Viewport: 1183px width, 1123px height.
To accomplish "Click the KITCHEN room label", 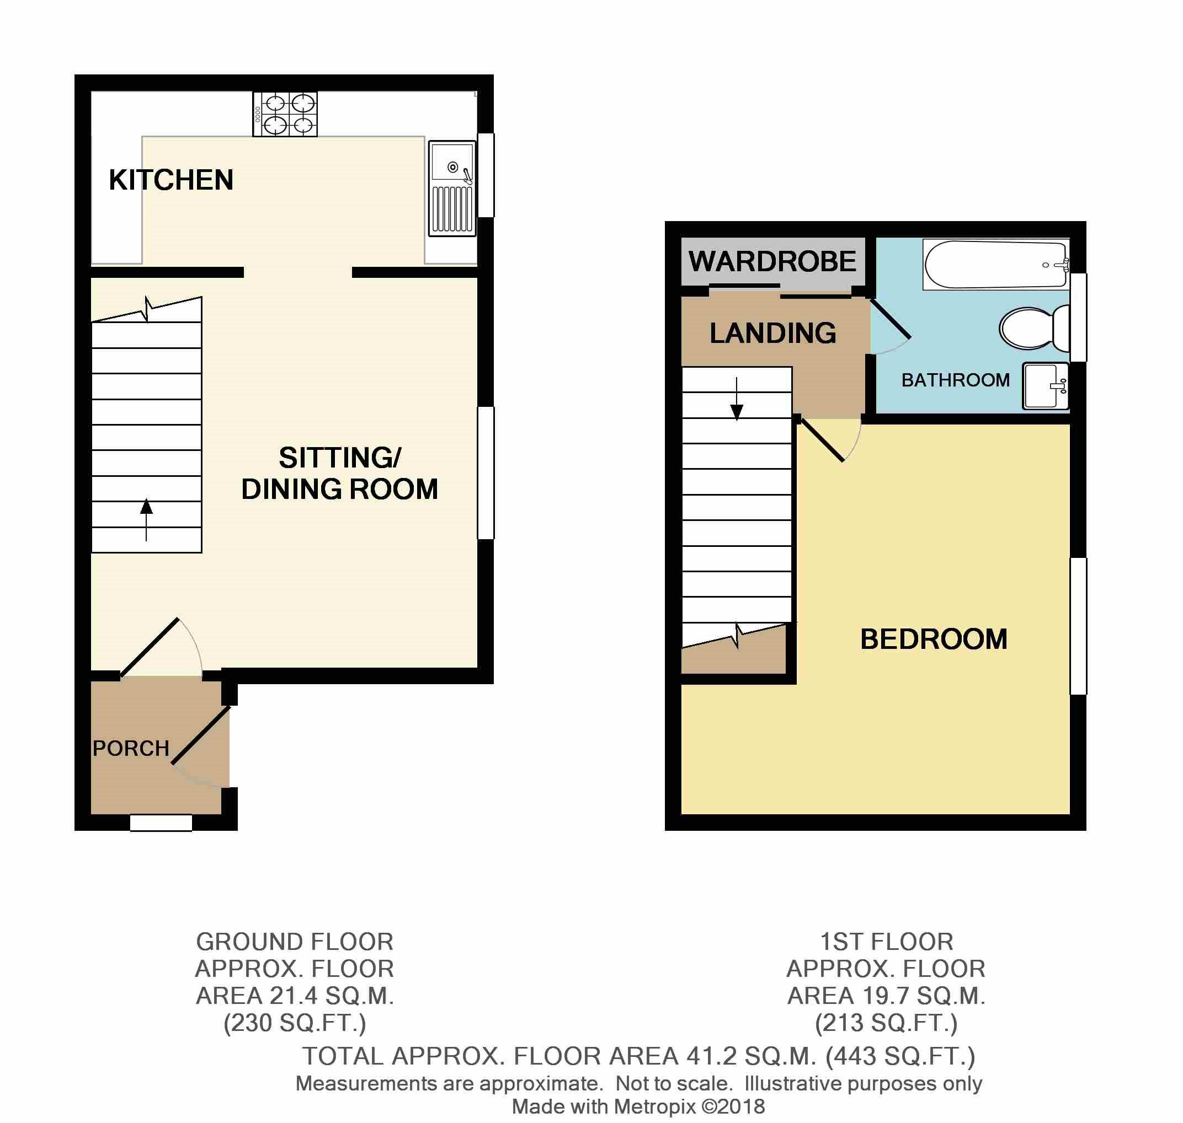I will tap(170, 180).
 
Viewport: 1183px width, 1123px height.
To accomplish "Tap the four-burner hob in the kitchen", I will tap(285, 114).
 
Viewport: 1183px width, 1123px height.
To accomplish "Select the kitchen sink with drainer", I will tap(452, 189).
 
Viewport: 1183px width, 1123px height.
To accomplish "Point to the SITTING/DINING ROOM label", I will tap(340, 474).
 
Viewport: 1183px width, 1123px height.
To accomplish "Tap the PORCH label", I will tap(131, 748).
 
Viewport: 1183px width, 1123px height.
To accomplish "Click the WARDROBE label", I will tap(772, 262).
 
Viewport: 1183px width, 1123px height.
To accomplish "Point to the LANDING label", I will tap(772, 334).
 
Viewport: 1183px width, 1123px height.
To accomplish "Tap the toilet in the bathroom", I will tap(1034, 329).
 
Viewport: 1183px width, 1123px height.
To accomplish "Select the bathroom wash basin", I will tap(1045, 386).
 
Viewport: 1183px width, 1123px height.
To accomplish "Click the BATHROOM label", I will tap(955, 380).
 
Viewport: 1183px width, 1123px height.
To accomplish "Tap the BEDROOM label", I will tap(933, 640).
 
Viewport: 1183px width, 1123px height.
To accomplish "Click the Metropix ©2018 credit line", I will tap(638, 1106).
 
